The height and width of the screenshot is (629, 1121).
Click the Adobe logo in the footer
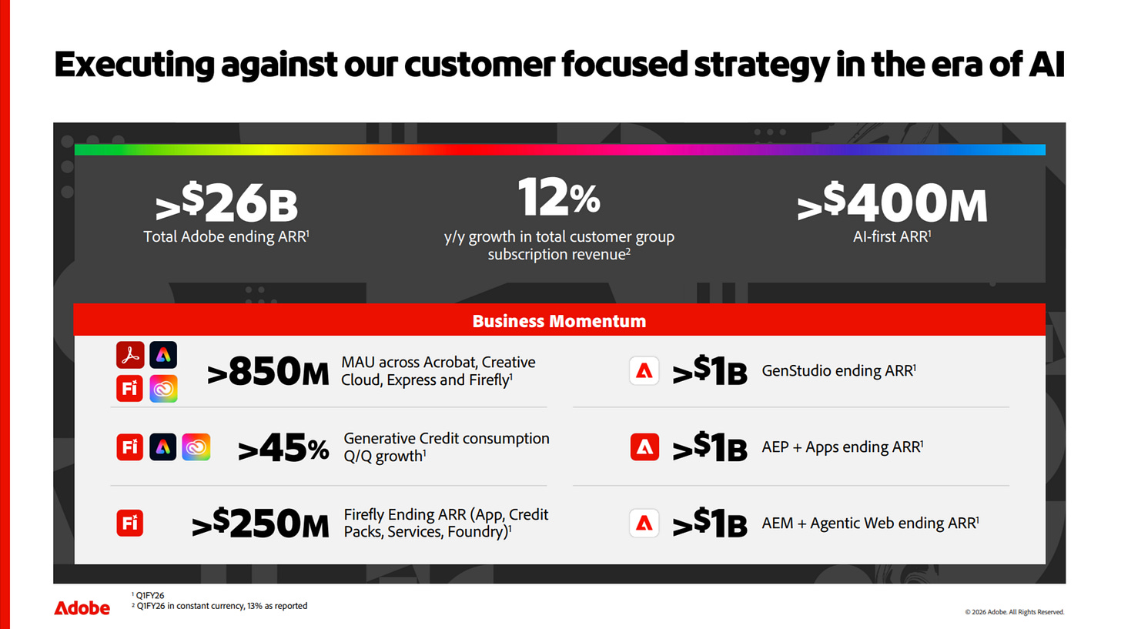point(82,608)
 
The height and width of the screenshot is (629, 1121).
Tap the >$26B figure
point(226,202)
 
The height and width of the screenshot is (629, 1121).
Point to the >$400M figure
point(892,202)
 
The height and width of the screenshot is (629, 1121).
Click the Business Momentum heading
point(559,321)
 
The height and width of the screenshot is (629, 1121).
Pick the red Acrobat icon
point(130,355)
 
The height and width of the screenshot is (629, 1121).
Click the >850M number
point(268,371)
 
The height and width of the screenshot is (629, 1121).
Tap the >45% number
point(283,447)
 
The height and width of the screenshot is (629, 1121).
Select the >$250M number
point(260,523)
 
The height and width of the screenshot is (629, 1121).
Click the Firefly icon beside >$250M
point(130,523)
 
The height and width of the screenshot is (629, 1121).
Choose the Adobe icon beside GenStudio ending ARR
point(644,371)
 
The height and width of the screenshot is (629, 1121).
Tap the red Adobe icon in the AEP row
point(644,447)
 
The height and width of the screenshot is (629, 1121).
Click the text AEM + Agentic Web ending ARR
point(870,523)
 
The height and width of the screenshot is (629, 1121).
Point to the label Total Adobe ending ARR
point(226,236)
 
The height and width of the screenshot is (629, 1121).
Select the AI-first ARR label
point(892,236)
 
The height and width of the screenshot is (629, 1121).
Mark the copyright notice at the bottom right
point(1015,612)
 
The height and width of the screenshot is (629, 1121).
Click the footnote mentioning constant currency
point(219,606)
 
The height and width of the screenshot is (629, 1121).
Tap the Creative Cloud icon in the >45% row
point(196,447)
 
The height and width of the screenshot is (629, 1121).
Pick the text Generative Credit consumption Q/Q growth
point(447,447)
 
